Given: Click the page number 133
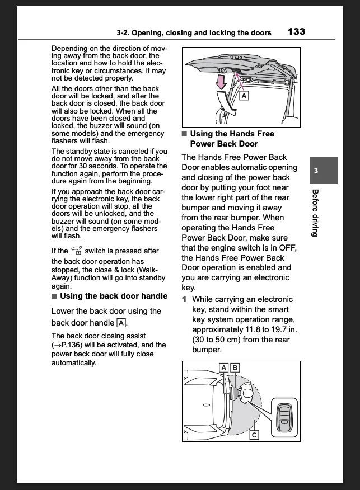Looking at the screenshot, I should click(x=296, y=31).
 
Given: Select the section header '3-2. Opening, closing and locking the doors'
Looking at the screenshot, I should click(x=194, y=32).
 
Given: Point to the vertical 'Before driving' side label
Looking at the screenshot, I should click(x=315, y=213).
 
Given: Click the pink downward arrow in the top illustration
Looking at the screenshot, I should click(x=222, y=82).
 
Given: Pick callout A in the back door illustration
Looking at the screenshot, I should click(x=244, y=96).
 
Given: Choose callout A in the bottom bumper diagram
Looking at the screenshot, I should click(x=223, y=368).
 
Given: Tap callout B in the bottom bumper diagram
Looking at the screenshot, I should click(x=235, y=368).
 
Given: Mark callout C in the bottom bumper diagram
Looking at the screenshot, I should click(x=254, y=434).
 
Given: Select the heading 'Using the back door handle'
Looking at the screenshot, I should click(x=113, y=296).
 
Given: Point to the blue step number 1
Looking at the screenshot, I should click(x=184, y=299).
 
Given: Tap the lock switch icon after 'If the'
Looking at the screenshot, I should click(x=77, y=251).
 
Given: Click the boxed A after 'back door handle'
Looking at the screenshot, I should click(x=121, y=323).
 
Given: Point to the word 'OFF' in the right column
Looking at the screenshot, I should click(x=288, y=248).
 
